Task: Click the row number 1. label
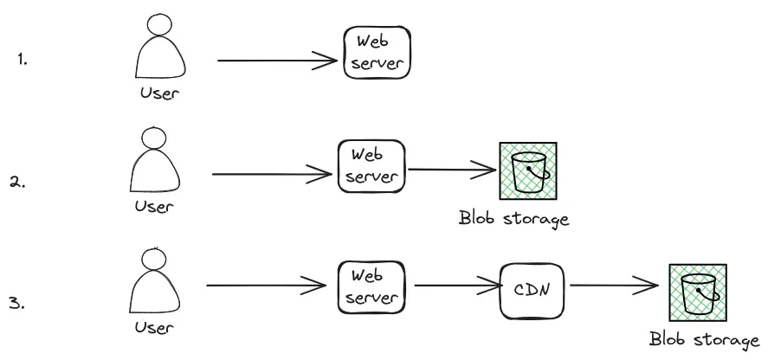coord(23,61)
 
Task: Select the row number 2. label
coord(18,183)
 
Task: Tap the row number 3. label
coord(16,304)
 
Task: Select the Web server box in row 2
coord(371,167)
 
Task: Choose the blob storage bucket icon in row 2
coord(527,172)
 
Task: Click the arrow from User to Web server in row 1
coord(277,61)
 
